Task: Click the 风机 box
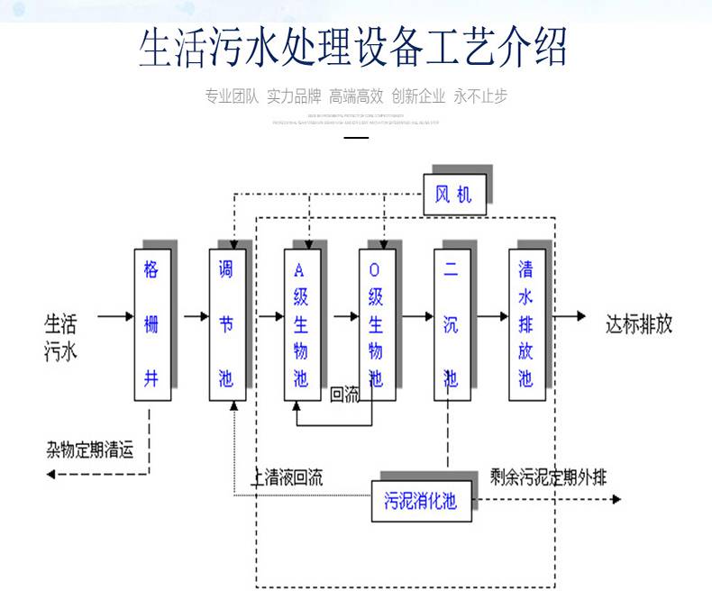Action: (x=454, y=194)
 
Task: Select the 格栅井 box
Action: (x=151, y=324)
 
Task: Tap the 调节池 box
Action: (x=227, y=324)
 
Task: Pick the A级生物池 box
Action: (x=301, y=324)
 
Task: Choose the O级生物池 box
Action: (x=377, y=324)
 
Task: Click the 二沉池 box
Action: (x=452, y=324)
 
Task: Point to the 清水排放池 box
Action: (x=526, y=324)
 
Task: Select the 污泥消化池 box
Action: (x=421, y=500)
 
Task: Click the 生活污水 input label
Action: (x=61, y=336)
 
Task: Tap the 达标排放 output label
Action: (x=639, y=324)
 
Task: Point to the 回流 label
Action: (x=345, y=395)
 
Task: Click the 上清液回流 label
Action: (x=288, y=477)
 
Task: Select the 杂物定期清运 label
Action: (x=90, y=450)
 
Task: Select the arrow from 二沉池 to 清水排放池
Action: (x=493, y=317)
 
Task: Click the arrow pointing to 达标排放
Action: (x=570, y=317)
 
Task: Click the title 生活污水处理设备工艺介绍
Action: (x=353, y=48)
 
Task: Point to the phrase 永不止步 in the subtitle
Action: (x=480, y=96)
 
